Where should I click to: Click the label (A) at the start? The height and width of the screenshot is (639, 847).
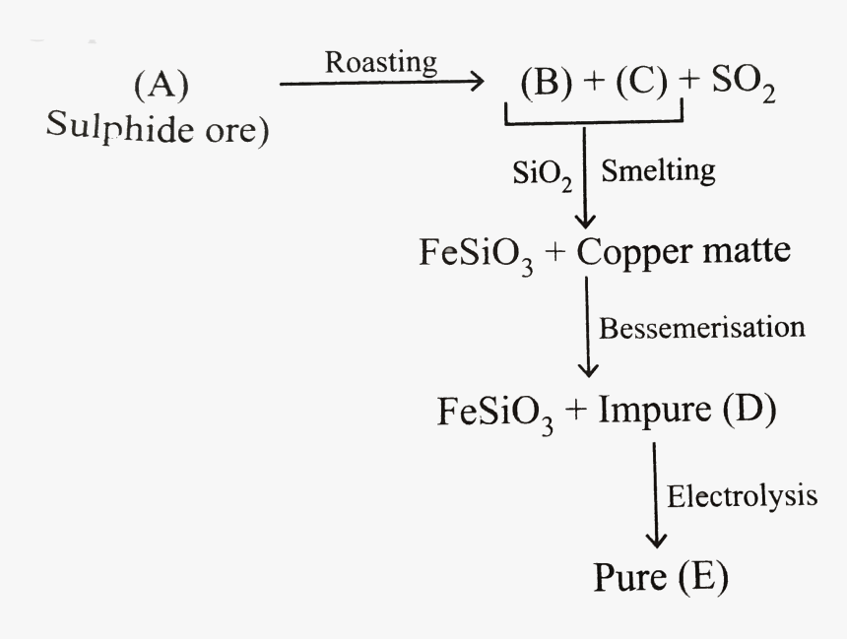pyautogui.click(x=161, y=88)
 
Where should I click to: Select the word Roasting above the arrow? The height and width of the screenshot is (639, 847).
pyautogui.click(x=381, y=62)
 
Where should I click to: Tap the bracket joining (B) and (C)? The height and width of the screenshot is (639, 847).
pyautogui.click(x=594, y=121)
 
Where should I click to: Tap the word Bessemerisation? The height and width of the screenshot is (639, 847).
pyautogui.click(x=701, y=327)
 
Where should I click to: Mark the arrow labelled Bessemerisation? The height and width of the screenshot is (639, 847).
pyautogui.click(x=588, y=327)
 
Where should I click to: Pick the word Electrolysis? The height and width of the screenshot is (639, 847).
pyautogui.click(x=742, y=495)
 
